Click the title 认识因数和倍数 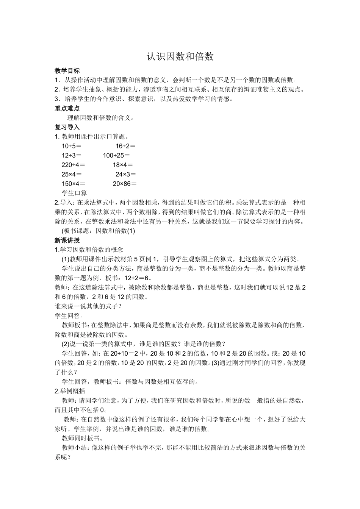coord(180,57)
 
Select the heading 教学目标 coord(67,70)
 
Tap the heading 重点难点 coord(67,108)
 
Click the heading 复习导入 coord(67,127)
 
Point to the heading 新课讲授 coord(67,240)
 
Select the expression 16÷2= coord(125,146)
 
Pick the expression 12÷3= coord(72,155)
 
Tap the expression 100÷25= coord(116,155)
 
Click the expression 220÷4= coord(73,165)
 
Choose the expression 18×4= coord(123,165)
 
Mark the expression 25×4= coord(72,174)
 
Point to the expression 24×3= coord(125,174)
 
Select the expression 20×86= coord(125,184)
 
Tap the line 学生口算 coord(74,193)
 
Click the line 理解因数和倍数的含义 coord(101,118)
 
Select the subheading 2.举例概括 coord(70,391)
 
